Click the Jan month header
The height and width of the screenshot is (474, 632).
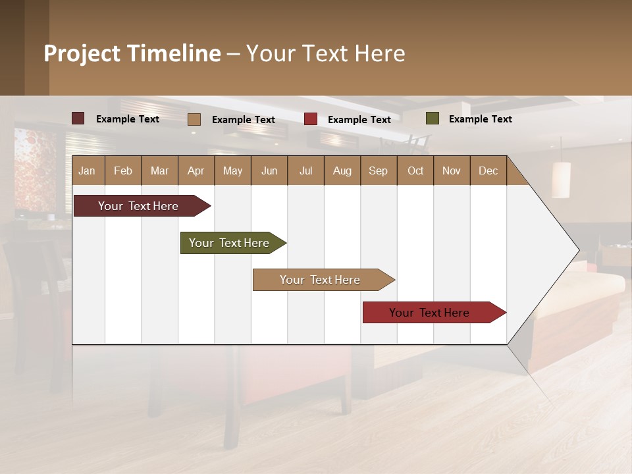click(87, 171)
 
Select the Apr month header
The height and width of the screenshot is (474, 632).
click(196, 171)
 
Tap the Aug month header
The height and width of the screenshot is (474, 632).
click(342, 171)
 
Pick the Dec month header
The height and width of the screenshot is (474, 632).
click(488, 171)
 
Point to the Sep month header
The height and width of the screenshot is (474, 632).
click(378, 171)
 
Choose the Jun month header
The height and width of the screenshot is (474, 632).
click(269, 171)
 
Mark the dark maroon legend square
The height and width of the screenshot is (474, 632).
click(78, 118)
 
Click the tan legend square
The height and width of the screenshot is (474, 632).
click(194, 119)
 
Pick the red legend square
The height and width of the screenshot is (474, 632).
click(311, 119)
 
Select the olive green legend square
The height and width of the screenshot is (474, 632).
click(432, 118)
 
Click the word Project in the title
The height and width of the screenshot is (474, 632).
click(82, 53)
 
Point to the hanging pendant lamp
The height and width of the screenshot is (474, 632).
click(560, 179)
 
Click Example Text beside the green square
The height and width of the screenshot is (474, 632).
click(480, 119)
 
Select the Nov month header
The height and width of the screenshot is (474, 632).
click(451, 171)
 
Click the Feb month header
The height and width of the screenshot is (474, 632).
click(122, 171)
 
